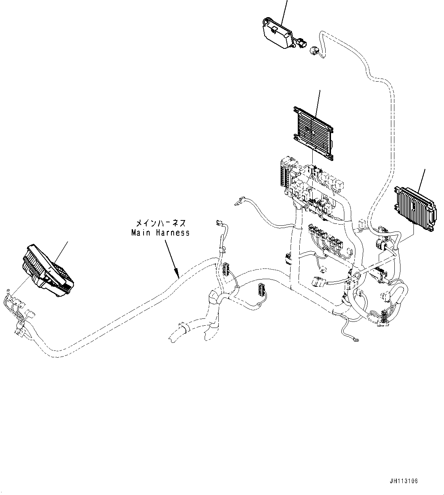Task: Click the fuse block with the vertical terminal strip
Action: click(x=284, y=176)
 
